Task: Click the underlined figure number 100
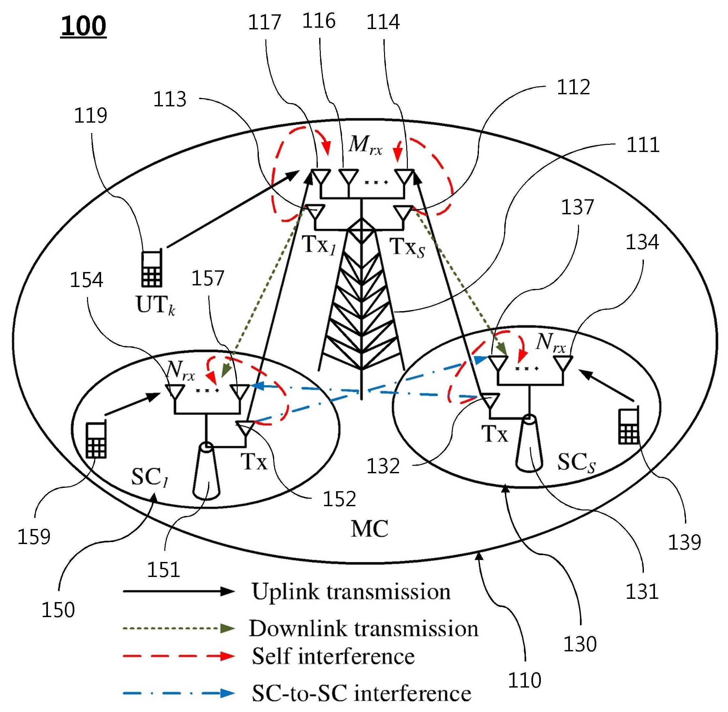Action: [83, 26]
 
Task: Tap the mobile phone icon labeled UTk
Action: [152, 268]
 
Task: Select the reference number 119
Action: [90, 115]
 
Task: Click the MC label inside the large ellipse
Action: [369, 528]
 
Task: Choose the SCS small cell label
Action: [576, 462]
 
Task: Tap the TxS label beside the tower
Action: [407, 247]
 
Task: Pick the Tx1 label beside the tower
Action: [319, 245]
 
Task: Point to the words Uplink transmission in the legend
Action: [351, 591]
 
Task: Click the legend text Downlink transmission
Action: [363, 628]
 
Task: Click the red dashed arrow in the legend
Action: [179, 656]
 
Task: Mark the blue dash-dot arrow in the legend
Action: [179, 693]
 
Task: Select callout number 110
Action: [524, 679]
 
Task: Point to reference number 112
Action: [573, 87]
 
